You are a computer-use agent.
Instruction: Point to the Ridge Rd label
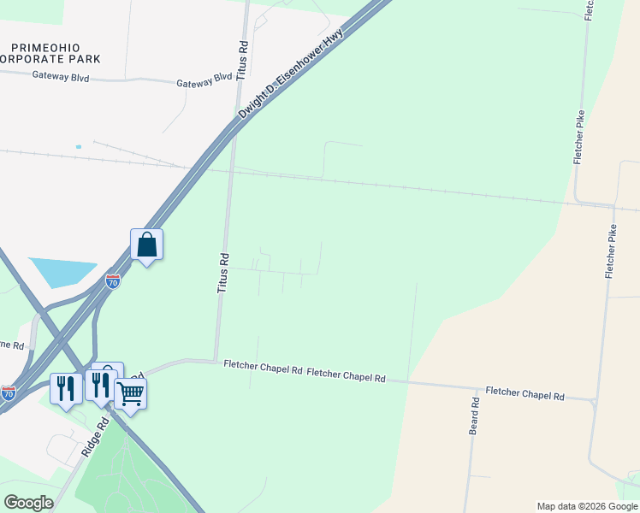click(95, 435)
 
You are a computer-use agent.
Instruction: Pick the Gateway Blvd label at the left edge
click(61, 75)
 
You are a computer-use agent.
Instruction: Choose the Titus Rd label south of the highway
click(223, 273)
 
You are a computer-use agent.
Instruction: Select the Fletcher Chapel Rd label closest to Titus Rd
click(264, 369)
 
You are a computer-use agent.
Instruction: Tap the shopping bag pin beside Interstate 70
click(147, 245)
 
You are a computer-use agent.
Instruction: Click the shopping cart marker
click(130, 394)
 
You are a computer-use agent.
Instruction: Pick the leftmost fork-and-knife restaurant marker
click(66, 388)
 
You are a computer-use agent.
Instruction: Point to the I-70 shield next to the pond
click(113, 280)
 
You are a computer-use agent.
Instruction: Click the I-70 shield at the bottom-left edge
click(8, 392)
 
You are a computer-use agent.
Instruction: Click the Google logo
click(28, 503)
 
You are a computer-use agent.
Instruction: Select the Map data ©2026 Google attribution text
click(586, 506)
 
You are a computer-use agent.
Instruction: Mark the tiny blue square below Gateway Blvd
click(78, 147)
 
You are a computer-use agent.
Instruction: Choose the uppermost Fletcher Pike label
click(579, 137)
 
